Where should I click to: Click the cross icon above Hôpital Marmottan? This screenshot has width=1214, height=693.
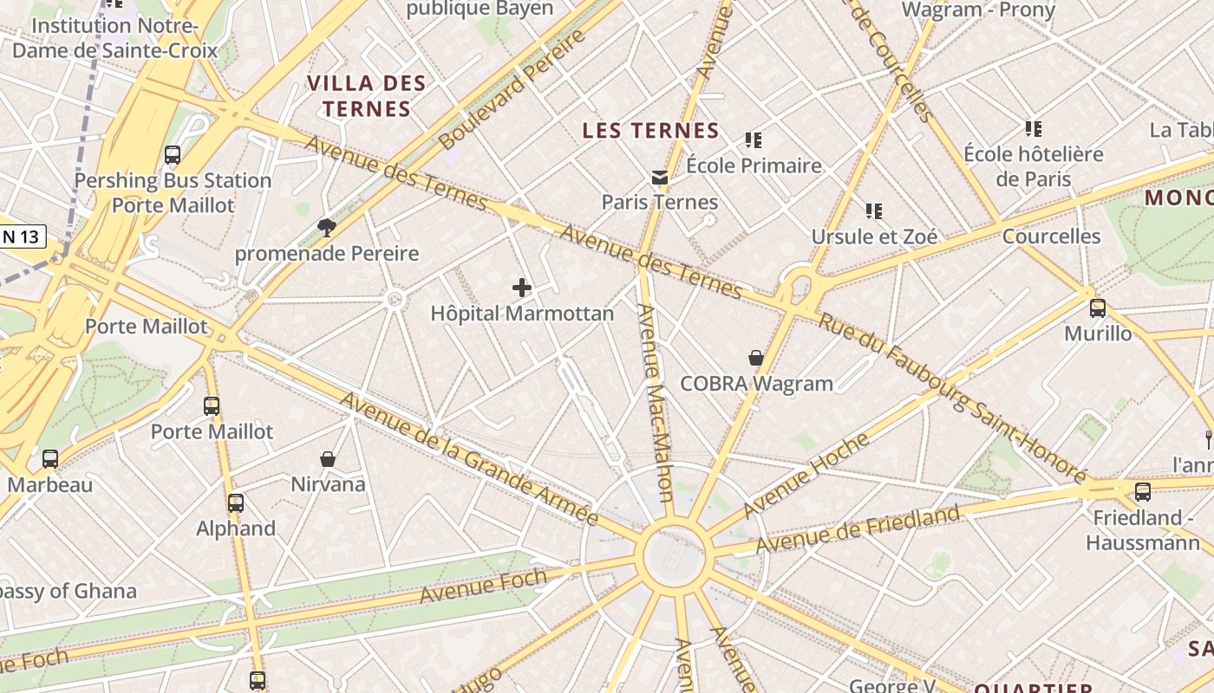pyautogui.click(x=522, y=288)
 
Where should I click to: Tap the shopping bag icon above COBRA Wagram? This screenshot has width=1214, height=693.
pyautogui.click(x=756, y=358)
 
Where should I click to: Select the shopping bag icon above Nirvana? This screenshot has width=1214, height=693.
pyautogui.click(x=328, y=458)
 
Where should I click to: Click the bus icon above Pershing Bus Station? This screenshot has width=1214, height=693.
pyautogui.click(x=173, y=155)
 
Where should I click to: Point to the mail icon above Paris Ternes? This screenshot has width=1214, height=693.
pyautogui.click(x=660, y=178)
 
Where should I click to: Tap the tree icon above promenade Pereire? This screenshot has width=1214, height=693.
pyautogui.click(x=327, y=228)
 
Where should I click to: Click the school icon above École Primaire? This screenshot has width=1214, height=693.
pyautogui.click(x=754, y=139)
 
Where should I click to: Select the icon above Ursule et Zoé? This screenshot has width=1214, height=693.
pyautogui.click(x=874, y=210)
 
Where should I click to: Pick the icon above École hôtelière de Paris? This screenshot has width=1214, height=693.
pyautogui.click(x=1033, y=129)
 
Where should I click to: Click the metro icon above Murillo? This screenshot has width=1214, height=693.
pyautogui.click(x=1098, y=308)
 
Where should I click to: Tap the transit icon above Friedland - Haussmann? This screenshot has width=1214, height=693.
pyautogui.click(x=1143, y=492)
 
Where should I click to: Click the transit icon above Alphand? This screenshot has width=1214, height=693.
pyautogui.click(x=235, y=502)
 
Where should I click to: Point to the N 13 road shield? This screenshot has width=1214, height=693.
pyautogui.click(x=23, y=236)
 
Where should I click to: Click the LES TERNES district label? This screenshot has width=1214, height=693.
pyautogui.click(x=650, y=131)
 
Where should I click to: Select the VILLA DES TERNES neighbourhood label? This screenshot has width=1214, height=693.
pyautogui.click(x=366, y=96)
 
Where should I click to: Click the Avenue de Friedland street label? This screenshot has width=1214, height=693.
pyautogui.click(x=858, y=529)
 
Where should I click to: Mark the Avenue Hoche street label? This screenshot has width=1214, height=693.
pyautogui.click(x=806, y=476)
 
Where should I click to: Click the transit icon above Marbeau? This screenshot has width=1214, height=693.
pyautogui.click(x=50, y=459)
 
